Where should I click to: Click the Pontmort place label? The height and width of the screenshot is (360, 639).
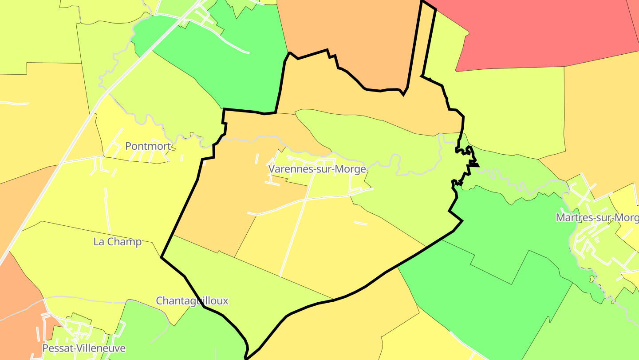pyautogui.click(x=148, y=146)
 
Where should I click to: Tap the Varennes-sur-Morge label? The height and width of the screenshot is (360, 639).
pyautogui.click(x=317, y=169)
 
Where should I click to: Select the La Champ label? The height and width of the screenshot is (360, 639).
pyautogui.click(x=117, y=242)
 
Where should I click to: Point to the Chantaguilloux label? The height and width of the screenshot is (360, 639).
pyautogui.click(x=192, y=301)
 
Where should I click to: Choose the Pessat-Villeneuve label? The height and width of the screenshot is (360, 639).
pyautogui.click(x=84, y=348)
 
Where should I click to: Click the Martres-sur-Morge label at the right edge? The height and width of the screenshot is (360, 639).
pyautogui.click(x=597, y=218)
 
